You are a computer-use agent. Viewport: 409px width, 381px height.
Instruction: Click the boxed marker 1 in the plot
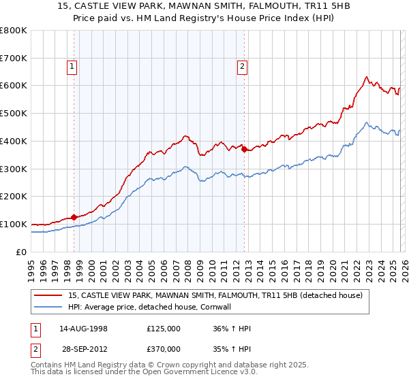(72, 66)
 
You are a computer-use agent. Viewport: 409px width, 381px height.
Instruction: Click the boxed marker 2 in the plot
(242, 66)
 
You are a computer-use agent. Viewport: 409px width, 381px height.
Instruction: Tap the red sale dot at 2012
(244, 150)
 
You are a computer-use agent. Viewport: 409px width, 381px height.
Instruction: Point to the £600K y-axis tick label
(14, 86)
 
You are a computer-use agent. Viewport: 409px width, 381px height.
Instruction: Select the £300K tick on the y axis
(14, 169)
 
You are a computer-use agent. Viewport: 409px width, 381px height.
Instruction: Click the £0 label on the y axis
(21, 252)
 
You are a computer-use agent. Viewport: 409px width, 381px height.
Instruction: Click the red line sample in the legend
(49, 295)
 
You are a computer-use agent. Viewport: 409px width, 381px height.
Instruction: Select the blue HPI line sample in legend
(49, 307)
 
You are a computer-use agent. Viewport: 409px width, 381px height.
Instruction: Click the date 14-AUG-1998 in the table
(83, 328)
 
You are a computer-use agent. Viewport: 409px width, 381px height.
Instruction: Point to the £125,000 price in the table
(164, 328)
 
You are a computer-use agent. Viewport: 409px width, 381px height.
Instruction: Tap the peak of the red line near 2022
(367, 77)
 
